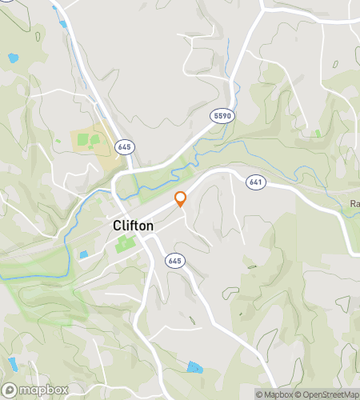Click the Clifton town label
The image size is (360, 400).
pos(133,226)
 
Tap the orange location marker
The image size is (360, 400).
pos(181,198)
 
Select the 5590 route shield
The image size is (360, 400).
pos(222,117)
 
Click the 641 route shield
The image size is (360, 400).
pos(255,182)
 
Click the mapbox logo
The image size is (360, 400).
pos(36,389)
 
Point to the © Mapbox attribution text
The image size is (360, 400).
pos(275,394)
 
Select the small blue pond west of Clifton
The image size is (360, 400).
pos(84,255)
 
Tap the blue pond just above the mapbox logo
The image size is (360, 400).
pos(14,366)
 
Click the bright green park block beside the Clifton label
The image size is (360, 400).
pos(123,243)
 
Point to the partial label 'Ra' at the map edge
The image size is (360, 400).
pos(354,203)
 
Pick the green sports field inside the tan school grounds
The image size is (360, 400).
pos(94,140)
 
